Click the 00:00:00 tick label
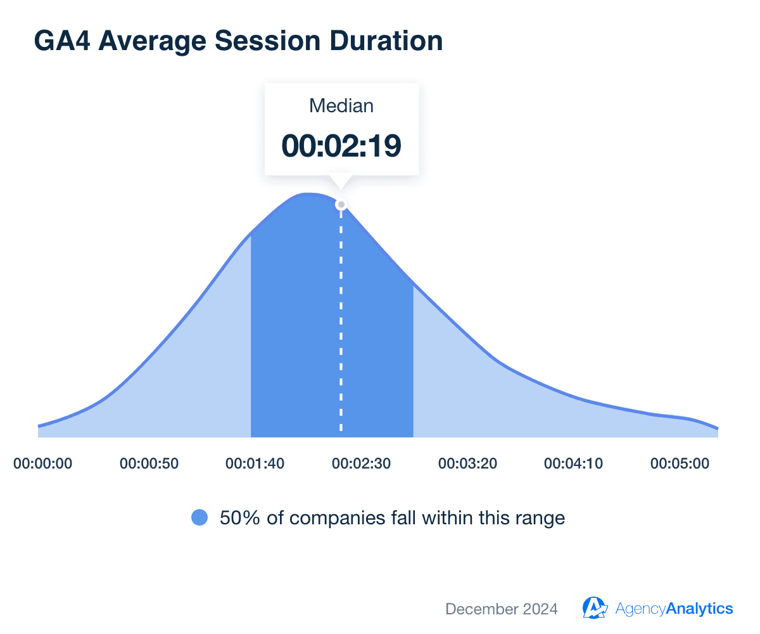point(43,463)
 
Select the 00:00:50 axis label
point(149,463)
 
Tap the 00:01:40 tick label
point(255,463)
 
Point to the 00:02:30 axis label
point(361,463)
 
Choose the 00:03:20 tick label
point(467,463)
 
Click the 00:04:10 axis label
point(573,463)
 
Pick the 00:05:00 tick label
point(680,463)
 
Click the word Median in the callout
point(341,106)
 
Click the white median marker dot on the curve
point(341,204)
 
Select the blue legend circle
point(199,518)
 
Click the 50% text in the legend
point(237,518)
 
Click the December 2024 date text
point(502,609)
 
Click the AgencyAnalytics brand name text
point(674,609)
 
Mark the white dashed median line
point(341,330)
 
